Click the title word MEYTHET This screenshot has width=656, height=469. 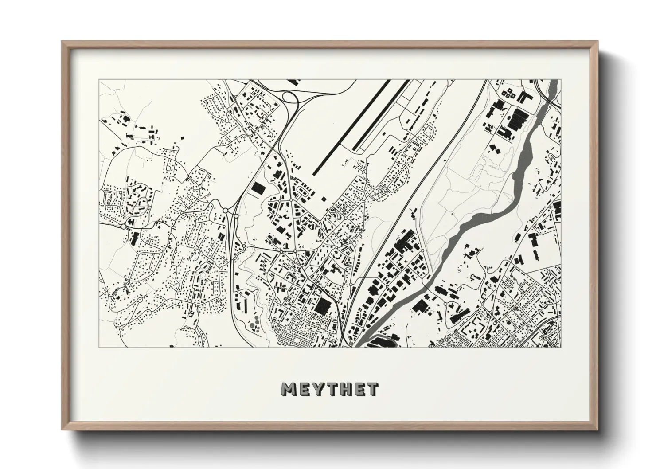[329, 389]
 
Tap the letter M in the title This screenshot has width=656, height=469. [289, 389]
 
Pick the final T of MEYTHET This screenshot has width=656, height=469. [372, 389]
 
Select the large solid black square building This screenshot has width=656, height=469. [323, 305]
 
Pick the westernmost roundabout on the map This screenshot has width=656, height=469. [123, 226]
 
